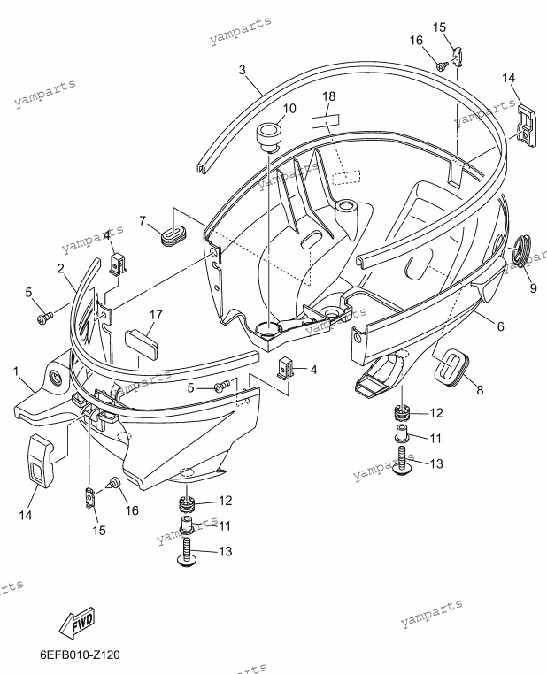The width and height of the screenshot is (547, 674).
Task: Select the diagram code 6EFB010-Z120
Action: point(80,655)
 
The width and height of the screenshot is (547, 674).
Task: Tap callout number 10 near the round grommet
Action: point(289,108)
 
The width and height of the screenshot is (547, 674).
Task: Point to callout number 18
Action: point(329,96)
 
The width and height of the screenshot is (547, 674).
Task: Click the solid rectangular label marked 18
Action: point(325,121)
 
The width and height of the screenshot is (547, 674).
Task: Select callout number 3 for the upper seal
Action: point(243,70)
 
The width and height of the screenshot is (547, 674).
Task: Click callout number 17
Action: point(156,315)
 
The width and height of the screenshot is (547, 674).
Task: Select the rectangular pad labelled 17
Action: point(142,342)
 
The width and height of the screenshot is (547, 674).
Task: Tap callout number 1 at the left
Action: point(16,371)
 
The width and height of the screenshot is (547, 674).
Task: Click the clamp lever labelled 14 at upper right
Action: point(526,125)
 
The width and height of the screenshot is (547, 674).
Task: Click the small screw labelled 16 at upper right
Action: point(443,66)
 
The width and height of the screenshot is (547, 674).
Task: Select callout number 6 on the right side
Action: point(501,326)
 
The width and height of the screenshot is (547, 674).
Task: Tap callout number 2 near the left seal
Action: point(61,269)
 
